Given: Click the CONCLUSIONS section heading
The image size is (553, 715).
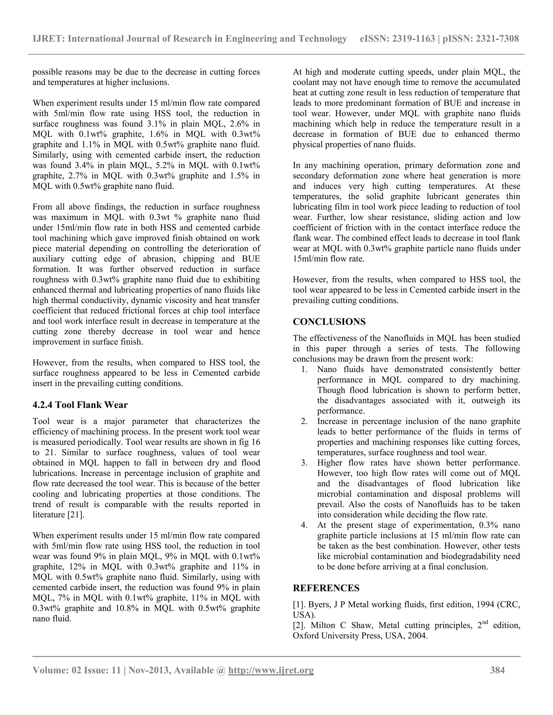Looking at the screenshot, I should (329, 322).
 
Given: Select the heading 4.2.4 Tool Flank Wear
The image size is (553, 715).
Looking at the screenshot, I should (80, 405).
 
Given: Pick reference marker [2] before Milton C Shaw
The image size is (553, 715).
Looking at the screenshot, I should (299, 626).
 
